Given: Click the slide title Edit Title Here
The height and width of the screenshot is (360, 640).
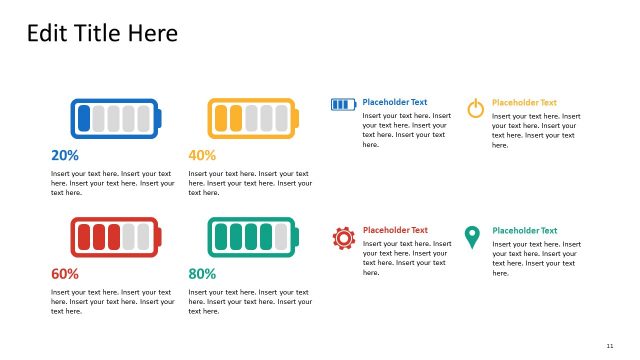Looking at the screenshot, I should coord(102,33).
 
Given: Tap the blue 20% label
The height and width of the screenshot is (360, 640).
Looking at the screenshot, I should coord(65,155).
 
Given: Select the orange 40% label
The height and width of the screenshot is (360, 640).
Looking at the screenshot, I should coord(202,155).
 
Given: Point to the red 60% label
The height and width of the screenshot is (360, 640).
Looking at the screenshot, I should coord(65,273).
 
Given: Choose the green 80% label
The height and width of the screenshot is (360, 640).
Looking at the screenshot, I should coord(202,273).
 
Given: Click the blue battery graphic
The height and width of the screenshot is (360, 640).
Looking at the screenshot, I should coord(115,118).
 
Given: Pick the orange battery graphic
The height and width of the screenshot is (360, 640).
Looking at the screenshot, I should coord(252,118).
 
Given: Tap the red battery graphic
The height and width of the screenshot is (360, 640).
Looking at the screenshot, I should coord(115,237).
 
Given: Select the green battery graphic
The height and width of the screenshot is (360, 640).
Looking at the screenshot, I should coord(252,237).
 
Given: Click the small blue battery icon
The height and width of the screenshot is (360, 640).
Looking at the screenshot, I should coord(343,103).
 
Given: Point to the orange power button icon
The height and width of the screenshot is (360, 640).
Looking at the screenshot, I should coord(476,107).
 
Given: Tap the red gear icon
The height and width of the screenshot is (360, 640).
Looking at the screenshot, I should coord(343,238).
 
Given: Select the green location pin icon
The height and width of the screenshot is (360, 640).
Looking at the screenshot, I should coord(472,237).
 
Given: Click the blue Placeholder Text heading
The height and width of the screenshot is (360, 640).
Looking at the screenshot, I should coord(394,102).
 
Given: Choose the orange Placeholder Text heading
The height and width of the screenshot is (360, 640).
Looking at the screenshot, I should coord(524,102).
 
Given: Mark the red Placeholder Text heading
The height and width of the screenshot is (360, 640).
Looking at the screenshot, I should coord(394,230).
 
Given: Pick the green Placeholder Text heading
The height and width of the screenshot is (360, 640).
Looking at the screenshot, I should coord(524,230).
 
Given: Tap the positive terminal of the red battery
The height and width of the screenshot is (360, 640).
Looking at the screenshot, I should coord(158,237).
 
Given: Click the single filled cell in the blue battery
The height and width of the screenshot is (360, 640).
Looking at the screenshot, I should coord(85,118).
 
